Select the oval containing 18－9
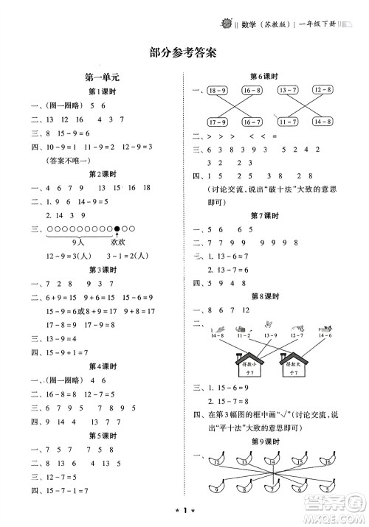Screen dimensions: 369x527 (x=218, y=90)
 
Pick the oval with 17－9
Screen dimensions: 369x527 (x=218, y=121)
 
